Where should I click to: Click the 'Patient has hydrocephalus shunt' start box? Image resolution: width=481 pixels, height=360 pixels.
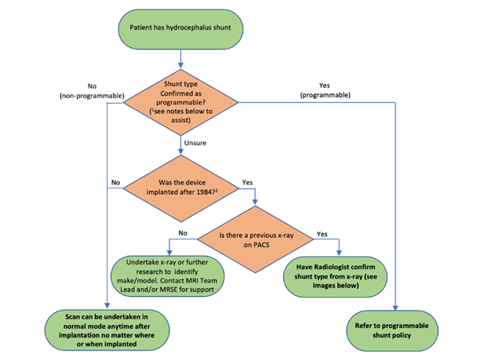(x=181, y=29)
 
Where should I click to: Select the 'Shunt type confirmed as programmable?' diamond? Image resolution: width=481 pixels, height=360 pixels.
(x=181, y=102)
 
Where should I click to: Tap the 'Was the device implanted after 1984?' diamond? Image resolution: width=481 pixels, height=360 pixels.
(x=181, y=188)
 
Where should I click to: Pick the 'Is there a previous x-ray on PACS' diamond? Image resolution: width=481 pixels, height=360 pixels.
(x=256, y=239)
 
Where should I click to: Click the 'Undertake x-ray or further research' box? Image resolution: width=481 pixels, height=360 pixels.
(x=167, y=276)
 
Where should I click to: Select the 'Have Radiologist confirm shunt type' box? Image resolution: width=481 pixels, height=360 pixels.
(x=336, y=277)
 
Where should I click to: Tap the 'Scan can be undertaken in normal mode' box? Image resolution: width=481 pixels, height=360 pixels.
(x=107, y=330)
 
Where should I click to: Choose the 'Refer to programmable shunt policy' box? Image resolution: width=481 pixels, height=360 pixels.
(x=392, y=330)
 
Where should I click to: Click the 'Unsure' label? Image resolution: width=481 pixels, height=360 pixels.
(x=195, y=143)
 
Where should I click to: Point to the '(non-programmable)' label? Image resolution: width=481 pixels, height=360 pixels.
(x=92, y=96)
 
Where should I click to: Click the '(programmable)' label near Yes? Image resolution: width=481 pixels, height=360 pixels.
(x=325, y=95)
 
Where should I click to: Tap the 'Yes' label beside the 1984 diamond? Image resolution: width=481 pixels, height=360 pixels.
(x=247, y=183)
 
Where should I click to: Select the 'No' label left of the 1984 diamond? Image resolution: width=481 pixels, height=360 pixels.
(x=116, y=183)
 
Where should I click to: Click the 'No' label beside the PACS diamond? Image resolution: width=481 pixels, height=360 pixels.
(x=183, y=233)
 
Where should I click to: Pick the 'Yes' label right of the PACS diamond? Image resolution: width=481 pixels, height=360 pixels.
(x=322, y=234)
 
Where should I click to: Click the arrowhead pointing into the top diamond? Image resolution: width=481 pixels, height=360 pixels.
(x=181, y=65)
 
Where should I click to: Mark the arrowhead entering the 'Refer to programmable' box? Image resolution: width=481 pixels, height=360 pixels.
(x=396, y=307)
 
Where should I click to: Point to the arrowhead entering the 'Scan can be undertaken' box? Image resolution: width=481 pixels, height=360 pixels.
(x=107, y=305)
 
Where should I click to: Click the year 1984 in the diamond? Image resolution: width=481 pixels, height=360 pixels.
(x=206, y=192)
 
